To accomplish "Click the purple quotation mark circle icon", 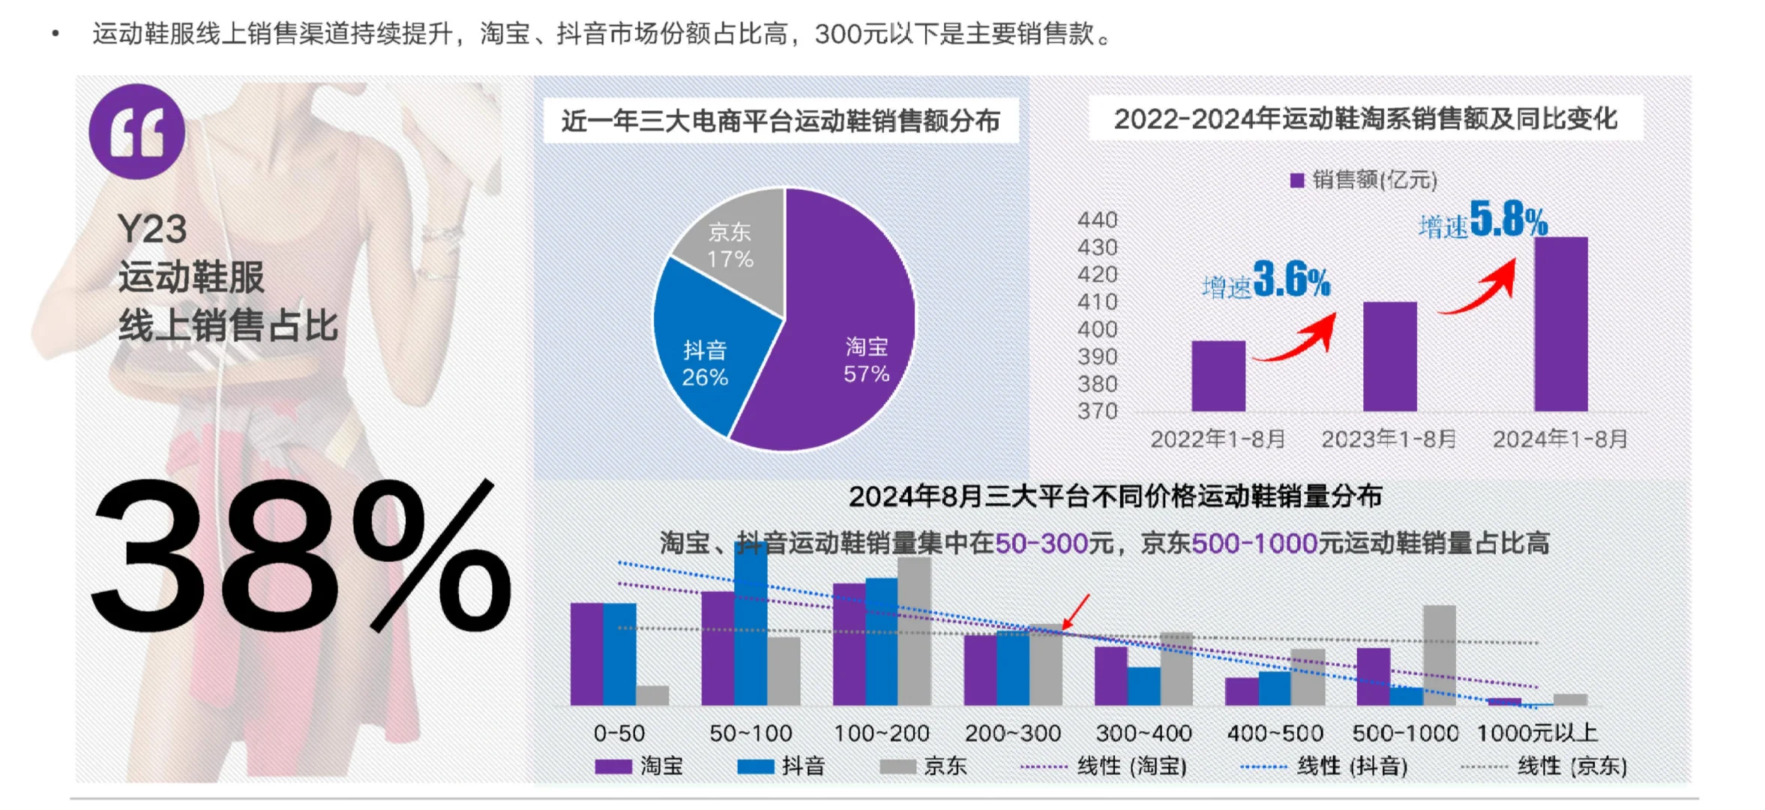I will click(136, 132).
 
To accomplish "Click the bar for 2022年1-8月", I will click(1218, 376).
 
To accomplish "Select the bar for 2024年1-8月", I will click(1560, 324).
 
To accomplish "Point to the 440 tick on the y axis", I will click(1097, 220).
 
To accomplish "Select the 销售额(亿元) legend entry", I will click(1363, 180).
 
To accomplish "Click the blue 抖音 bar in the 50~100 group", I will click(751, 622).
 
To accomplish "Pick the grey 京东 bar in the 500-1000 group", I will click(1439, 655).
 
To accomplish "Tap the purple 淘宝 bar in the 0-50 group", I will click(586, 654).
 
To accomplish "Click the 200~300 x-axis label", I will click(1012, 733).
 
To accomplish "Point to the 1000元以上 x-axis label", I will click(1537, 733).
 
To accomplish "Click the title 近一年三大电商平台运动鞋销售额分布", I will click(780, 121).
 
